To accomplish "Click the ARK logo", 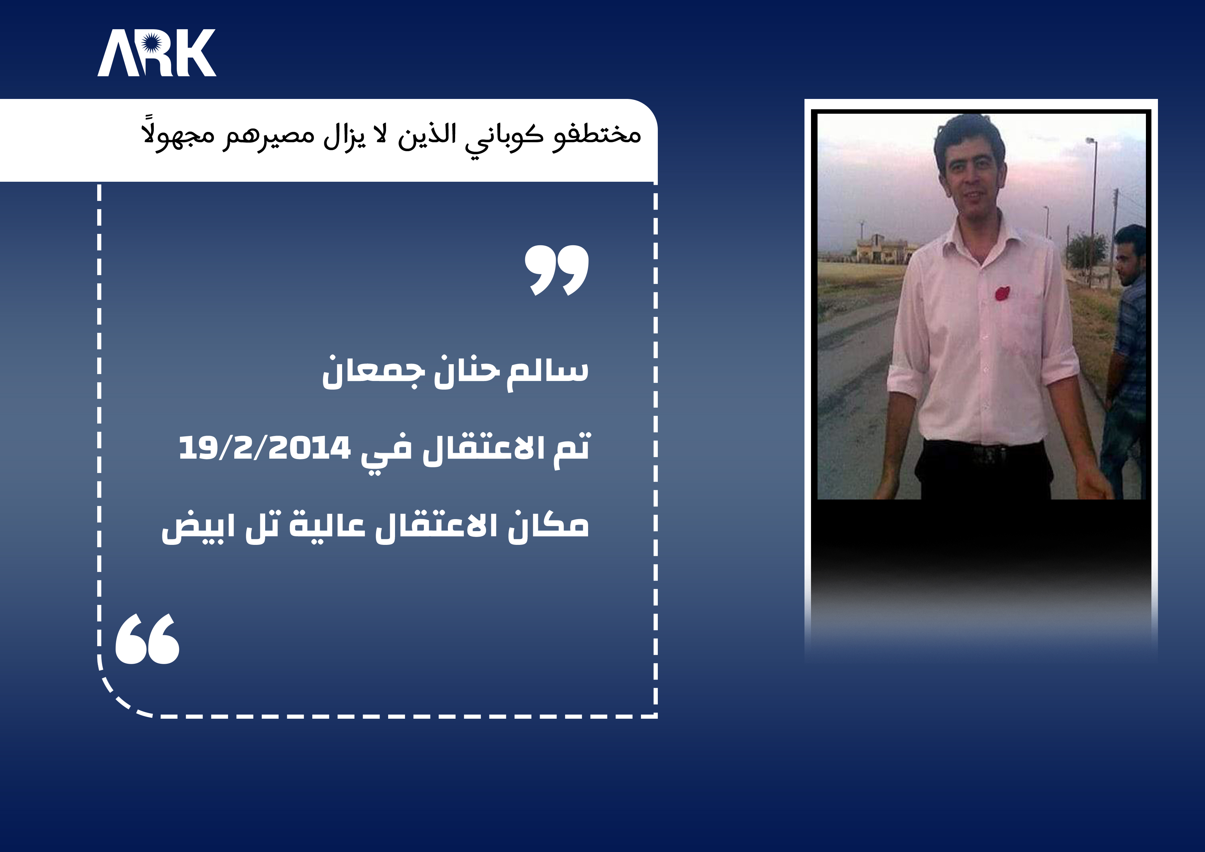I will [x=156, y=53].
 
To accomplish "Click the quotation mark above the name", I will [x=556, y=270].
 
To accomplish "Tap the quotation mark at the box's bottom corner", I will [x=147, y=639].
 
